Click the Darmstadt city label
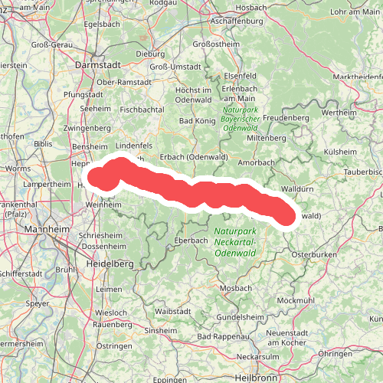pyautogui.click(x=97, y=66)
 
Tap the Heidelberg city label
pyautogui.click(x=108, y=264)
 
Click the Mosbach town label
pyautogui.click(x=235, y=288)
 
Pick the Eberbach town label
pyautogui.click(x=191, y=241)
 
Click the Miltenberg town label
pyautogui.click(x=266, y=138)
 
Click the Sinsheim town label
pyautogui.click(x=162, y=331)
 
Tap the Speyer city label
pyautogui.click(x=38, y=303)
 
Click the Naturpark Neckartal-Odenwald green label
pyautogui.click(x=236, y=242)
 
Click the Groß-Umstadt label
pyautogui.click(x=169, y=67)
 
